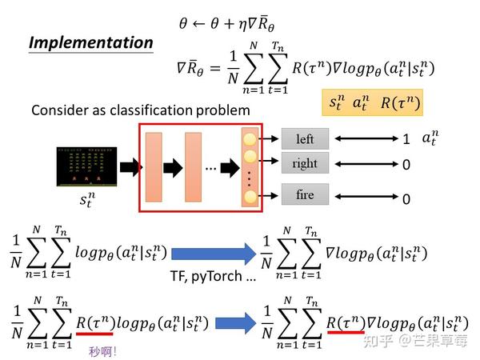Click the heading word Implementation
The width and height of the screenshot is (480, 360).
point(91,42)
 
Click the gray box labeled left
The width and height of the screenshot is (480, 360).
point(305,138)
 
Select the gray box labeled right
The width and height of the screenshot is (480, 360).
point(305,163)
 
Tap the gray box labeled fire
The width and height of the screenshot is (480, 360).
point(305,194)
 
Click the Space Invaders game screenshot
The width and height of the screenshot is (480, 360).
point(86,166)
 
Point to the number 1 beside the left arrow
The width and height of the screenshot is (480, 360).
point(406,139)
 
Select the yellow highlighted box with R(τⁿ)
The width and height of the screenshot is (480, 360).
point(372,102)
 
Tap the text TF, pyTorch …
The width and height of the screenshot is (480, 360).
point(213,276)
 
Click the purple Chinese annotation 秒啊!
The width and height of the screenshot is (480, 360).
point(102,351)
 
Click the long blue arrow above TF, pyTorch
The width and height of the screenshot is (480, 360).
point(214,254)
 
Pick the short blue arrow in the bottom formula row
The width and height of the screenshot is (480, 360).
point(236,323)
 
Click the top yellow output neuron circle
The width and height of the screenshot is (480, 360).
point(250,139)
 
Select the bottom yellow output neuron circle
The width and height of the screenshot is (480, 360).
point(250,197)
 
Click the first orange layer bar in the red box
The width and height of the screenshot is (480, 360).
point(154,167)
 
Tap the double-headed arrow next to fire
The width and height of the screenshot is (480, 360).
point(366,196)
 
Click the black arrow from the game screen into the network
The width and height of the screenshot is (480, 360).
point(131,167)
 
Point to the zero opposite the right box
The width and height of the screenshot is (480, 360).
point(406,165)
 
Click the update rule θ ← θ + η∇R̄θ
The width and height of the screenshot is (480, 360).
point(226,24)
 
